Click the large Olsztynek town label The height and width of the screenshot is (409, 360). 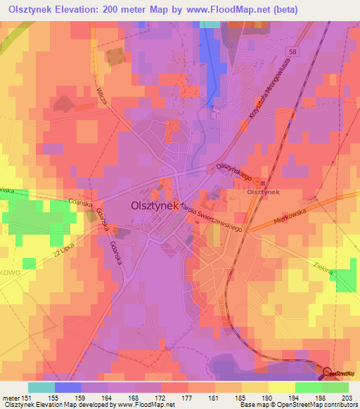(154, 207)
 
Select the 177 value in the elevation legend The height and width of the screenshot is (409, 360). (186, 398)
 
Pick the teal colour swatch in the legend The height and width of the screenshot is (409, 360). (41, 387)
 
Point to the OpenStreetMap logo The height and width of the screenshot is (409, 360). (341, 373)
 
